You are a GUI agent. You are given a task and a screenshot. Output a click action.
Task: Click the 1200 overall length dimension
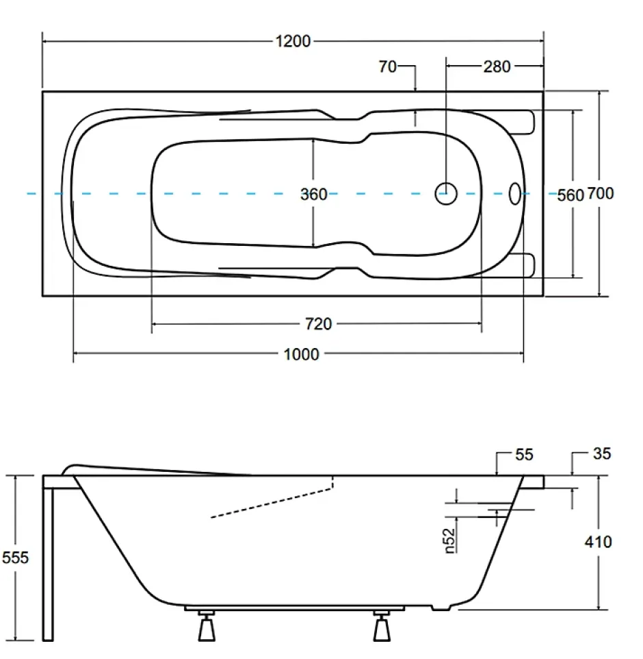point(293,41)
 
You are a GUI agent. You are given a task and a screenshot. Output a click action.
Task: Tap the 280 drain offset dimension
point(497,66)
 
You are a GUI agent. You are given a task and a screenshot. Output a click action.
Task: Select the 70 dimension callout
point(387,66)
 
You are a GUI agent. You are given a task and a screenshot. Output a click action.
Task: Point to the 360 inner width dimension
point(313,194)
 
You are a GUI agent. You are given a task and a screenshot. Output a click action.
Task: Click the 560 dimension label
point(570,195)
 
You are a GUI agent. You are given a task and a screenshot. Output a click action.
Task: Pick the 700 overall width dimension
point(600,193)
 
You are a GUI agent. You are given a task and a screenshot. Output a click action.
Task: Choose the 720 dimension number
point(318,324)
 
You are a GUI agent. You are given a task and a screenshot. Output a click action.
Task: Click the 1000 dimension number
point(302,354)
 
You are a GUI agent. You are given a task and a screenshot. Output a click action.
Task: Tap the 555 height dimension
point(15,558)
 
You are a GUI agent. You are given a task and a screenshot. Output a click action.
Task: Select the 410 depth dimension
point(598,542)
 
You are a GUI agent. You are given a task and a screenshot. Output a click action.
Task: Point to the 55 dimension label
point(524,454)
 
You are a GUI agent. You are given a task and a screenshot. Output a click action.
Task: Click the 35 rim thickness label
point(602,453)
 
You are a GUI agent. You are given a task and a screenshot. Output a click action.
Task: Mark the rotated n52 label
point(449,540)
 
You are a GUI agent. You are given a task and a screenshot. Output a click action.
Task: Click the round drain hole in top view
point(446,194)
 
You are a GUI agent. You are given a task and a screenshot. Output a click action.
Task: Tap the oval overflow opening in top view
point(515,194)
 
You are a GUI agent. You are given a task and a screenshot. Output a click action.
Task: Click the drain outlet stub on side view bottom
point(441,608)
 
